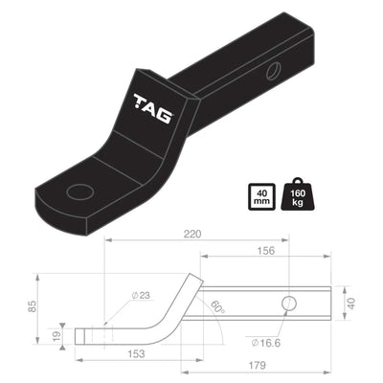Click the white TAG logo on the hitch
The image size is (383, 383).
pos(152,111)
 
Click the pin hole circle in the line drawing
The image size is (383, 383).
pos(289,304)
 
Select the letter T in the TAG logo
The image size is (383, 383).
pos(140,107)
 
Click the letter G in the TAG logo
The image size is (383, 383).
pos(166,116)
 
